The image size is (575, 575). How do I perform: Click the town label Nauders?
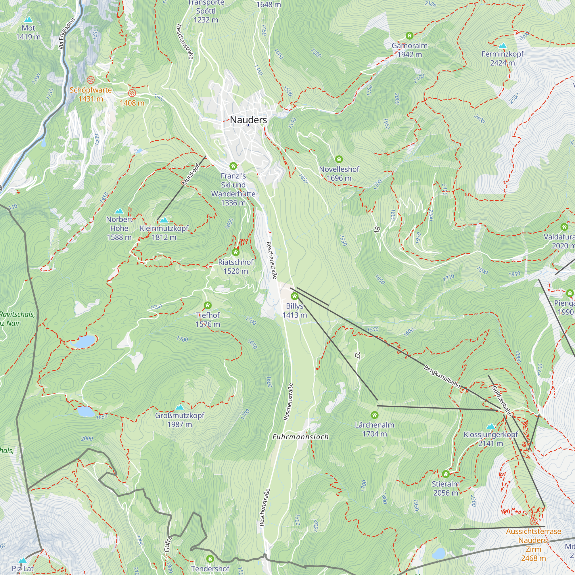click(x=248, y=120)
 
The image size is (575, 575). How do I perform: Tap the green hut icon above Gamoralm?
click(x=409, y=36)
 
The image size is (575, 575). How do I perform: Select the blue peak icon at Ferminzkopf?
click(x=502, y=45)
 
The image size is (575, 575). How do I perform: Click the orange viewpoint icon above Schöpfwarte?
click(x=91, y=80)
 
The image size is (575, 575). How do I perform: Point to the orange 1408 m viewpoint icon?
click(x=132, y=93)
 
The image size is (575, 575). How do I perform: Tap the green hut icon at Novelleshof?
click(x=339, y=159)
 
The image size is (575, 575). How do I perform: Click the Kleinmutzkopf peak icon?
click(x=164, y=220)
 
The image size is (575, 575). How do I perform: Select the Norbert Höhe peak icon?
click(x=119, y=211)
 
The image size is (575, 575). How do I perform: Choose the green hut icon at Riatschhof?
click(x=235, y=252)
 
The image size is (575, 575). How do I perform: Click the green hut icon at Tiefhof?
click(x=208, y=305)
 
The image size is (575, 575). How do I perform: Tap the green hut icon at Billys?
click(x=294, y=296)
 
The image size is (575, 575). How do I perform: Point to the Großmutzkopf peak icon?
click(x=179, y=407)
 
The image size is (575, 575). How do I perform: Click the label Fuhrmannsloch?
click(x=301, y=437)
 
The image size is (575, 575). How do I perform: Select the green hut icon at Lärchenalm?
click(x=374, y=415)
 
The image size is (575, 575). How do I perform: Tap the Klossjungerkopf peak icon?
click(x=490, y=426)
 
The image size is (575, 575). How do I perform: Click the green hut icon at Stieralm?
click(x=445, y=474)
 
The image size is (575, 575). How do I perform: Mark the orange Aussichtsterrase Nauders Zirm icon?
click(x=533, y=522)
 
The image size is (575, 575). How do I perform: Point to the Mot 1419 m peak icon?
click(x=28, y=20)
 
